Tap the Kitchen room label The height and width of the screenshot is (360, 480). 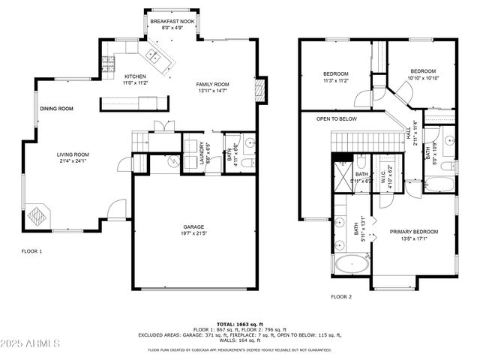point(135,76)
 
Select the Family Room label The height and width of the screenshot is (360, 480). point(212,84)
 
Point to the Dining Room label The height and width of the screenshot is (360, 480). point(56,109)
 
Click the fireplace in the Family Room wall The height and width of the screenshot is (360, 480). point(260,91)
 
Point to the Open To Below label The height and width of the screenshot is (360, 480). point(336,119)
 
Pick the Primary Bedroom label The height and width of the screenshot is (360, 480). point(413,232)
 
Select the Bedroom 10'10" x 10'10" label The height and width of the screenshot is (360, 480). point(422,71)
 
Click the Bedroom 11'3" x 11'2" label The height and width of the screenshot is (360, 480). point(335,73)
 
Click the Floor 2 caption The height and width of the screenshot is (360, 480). point(341,297)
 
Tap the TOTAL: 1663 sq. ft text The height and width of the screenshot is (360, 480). point(240,324)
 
